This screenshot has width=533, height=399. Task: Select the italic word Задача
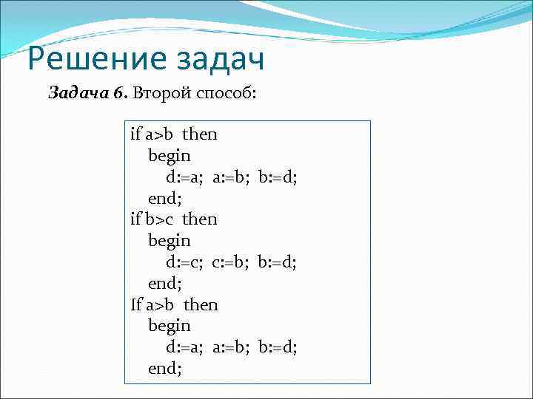tap(78, 93)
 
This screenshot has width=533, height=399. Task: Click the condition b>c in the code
tap(160, 219)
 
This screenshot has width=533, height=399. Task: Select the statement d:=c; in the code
tap(184, 262)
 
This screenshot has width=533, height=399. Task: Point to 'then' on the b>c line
tap(200, 219)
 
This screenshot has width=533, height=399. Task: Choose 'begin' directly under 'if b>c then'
tap(170, 241)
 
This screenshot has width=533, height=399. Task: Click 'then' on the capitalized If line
tap(201, 304)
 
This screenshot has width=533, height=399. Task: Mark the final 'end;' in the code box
tap(165, 368)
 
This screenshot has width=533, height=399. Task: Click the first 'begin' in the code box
tap(170, 156)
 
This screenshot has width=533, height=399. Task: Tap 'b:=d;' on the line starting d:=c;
tap(278, 262)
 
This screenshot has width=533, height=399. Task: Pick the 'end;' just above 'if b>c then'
tap(165, 198)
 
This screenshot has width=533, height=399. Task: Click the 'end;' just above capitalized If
tap(165, 283)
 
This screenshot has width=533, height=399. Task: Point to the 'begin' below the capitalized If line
tap(170, 325)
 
